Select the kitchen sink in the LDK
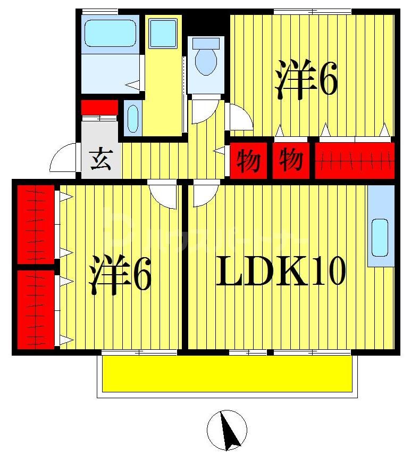(x=380, y=237)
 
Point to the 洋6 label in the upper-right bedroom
(x=306, y=80)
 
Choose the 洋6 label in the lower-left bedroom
(x=120, y=275)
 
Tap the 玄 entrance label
(x=100, y=160)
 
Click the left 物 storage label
(x=248, y=160)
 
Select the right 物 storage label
(x=291, y=160)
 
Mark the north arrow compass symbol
(x=227, y=430)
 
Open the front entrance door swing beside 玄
(x=64, y=159)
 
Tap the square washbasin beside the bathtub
(x=163, y=33)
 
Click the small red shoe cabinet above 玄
(x=99, y=107)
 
